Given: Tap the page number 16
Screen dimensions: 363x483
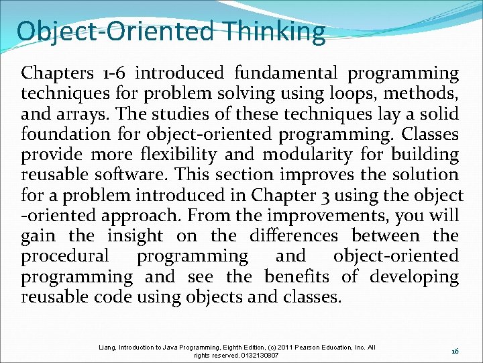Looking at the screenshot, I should pos(454,352).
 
